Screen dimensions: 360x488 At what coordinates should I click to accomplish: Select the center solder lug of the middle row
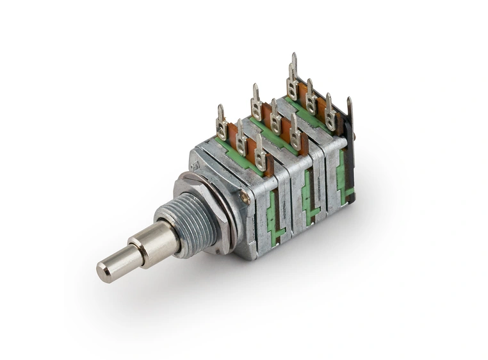point(275,118)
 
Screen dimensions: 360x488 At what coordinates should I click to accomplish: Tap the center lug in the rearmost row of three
point(311,96)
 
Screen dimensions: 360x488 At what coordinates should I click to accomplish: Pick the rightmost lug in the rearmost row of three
point(330,111)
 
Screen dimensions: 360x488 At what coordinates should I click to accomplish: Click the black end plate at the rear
point(350,160)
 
